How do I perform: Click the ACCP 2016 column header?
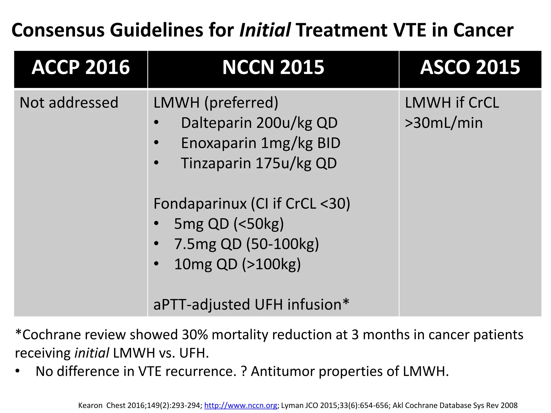point(81,67)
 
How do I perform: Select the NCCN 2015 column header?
point(273,67)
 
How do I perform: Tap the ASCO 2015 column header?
point(470,67)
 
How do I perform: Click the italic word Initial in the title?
point(265,30)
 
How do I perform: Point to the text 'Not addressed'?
point(69,102)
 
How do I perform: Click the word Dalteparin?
point(217,123)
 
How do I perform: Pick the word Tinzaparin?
point(216,163)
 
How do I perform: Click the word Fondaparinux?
point(200,204)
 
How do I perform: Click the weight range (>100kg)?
point(271,264)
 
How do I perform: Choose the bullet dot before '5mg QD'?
point(156,224)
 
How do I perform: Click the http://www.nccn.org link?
point(241,405)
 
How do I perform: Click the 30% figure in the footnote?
point(195,335)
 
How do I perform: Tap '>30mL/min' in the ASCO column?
point(444,123)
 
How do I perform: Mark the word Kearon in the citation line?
point(90,405)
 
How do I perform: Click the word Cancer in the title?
point(483,30)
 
